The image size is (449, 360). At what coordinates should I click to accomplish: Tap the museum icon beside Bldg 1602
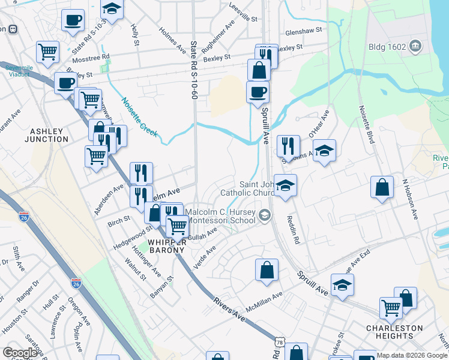pyautogui.click(x=415, y=46)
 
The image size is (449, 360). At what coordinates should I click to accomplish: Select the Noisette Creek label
pyautogui.click(x=140, y=117)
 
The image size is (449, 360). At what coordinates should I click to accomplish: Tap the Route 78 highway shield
pyautogui.click(x=279, y=342)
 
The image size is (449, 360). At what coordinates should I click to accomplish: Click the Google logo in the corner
pyautogui.click(x=20, y=353)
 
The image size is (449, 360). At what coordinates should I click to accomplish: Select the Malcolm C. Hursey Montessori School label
pyautogui.click(x=220, y=217)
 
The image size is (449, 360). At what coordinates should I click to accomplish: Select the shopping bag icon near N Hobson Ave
pyautogui.click(x=382, y=188)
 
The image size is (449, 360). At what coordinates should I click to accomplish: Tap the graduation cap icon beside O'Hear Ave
pyautogui.click(x=324, y=151)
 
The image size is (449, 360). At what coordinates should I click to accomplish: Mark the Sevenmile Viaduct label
pyautogui.click(x=19, y=71)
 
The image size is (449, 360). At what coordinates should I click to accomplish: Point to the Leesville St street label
pyautogui.click(x=243, y=13)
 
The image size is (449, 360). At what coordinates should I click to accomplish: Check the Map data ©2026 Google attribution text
pyautogui.click(x=412, y=355)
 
